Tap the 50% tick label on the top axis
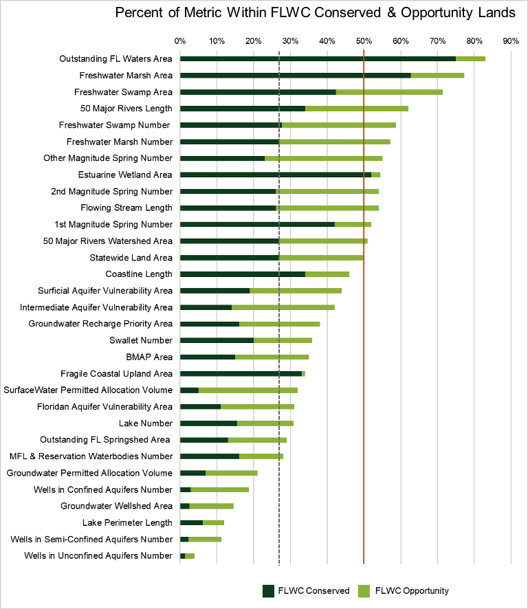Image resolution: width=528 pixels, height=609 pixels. click(x=364, y=41)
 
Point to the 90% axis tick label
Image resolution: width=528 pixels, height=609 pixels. click(x=510, y=41)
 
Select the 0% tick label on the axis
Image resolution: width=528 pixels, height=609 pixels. click(x=180, y=41)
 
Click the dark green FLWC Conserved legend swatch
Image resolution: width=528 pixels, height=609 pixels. click(x=268, y=590)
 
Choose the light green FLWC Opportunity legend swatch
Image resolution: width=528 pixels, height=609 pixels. click(x=364, y=590)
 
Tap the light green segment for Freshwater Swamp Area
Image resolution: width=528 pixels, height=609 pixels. click(x=389, y=91)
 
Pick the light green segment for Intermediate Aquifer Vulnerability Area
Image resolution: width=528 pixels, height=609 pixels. click(x=283, y=307)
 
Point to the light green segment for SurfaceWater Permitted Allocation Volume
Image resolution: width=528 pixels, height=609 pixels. click(x=247, y=390)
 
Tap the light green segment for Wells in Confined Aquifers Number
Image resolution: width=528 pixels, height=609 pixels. click(x=219, y=489)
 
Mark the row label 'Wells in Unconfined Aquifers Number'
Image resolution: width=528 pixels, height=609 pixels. click(x=98, y=555)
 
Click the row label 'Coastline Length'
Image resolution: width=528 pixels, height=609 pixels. click(x=138, y=274)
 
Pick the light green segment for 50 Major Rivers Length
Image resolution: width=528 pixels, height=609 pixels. click(x=356, y=108)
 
